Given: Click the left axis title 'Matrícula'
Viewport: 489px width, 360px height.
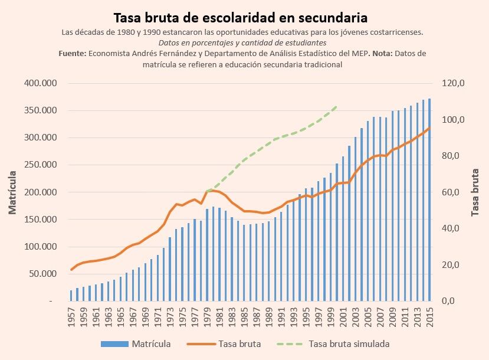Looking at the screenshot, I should [x=12, y=192].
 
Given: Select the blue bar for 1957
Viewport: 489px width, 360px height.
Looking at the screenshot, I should [x=71, y=296].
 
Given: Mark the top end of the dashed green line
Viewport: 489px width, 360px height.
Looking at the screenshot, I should [x=336, y=106].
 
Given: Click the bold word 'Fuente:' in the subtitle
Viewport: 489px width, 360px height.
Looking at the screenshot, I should [x=73, y=54].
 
